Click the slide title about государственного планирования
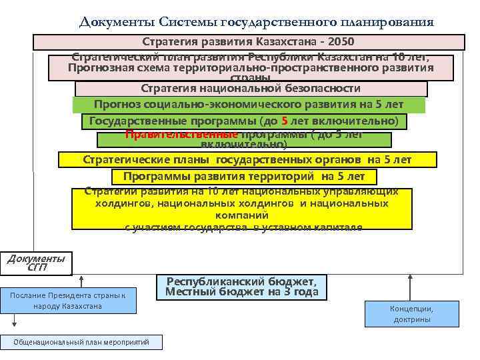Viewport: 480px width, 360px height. tap(257, 22)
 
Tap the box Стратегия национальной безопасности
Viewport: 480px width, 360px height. tap(251, 89)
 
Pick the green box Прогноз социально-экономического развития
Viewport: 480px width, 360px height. tap(249, 105)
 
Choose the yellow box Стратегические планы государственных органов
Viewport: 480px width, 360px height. tap(247, 160)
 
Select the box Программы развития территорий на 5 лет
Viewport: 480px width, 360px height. tap(243, 177)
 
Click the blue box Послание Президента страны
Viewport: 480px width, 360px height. tap(68, 300)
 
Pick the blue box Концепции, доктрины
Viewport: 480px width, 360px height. tap(411, 313)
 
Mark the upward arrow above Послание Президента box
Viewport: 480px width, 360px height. tap(81, 280)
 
